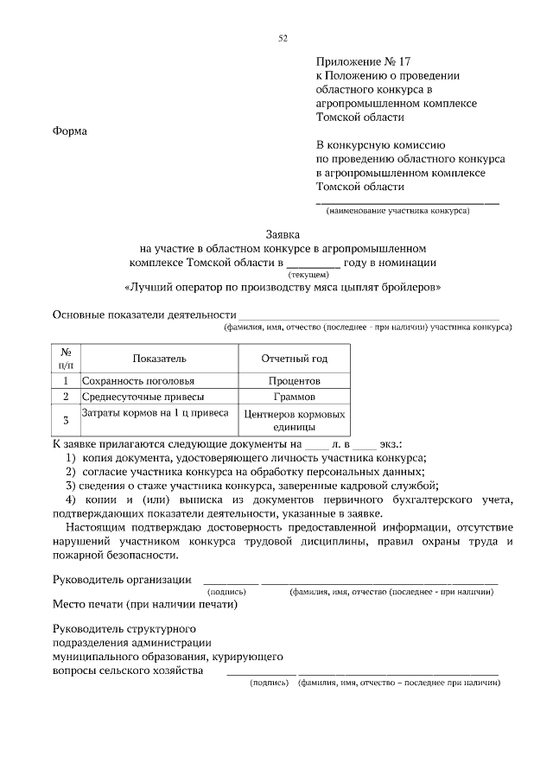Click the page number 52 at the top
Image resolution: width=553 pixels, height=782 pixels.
coord(283,38)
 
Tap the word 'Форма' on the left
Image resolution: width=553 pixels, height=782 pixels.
coord(71,130)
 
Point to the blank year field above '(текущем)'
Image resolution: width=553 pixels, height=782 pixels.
coord(314,264)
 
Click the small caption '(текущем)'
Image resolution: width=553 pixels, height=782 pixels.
coord(314,275)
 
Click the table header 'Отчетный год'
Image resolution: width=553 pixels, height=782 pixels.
coord(295,358)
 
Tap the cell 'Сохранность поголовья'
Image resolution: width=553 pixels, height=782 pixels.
coord(138,380)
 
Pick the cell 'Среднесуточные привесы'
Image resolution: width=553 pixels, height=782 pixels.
coord(143,397)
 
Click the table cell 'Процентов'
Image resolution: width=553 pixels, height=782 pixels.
coord(295,380)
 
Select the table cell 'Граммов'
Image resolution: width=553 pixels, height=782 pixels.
coord(295,397)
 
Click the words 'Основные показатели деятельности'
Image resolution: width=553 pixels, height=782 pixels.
coord(143,314)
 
